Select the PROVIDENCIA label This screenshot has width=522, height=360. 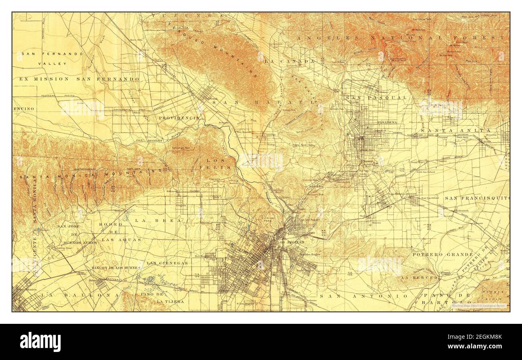point(179,118)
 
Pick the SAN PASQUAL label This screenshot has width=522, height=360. point(376,98)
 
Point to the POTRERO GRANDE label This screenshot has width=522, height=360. point(442,254)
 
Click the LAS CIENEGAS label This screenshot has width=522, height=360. point(167,263)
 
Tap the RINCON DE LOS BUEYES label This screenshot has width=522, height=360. point(116,268)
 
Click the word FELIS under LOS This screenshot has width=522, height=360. point(220,167)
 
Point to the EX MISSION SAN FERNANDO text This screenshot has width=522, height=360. point(79,79)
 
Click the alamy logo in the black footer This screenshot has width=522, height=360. point(41,342)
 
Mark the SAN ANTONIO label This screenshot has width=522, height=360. point(363,296)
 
